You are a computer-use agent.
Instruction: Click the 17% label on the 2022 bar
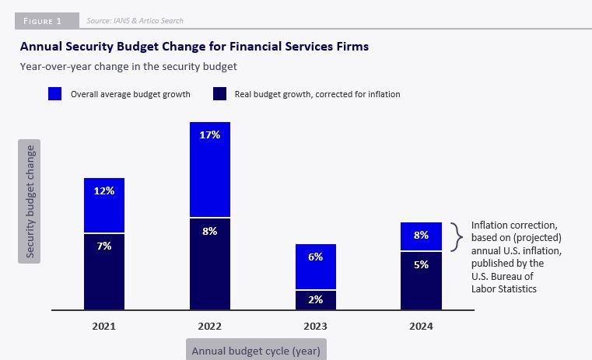[210, 135]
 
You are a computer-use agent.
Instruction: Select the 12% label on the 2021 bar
[104, 191]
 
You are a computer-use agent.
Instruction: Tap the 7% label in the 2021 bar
[104, 246]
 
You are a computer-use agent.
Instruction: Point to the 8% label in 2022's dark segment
[210, 231]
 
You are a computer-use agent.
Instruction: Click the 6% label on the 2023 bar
[315, 257]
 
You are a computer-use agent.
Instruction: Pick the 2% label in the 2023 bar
[315, 300]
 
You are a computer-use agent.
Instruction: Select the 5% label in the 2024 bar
[421, 264]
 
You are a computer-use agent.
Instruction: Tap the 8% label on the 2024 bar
[421, 236]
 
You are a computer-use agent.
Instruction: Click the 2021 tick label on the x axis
[104, 327]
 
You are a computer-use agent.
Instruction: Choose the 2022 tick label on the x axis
[210, 327]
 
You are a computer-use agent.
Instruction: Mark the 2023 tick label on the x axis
[315, 327]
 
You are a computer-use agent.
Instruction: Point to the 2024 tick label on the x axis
[421, 327]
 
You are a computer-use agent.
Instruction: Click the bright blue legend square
[55, 94]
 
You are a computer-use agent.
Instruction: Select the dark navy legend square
[219, 94]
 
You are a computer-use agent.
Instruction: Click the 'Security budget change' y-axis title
[30, 201]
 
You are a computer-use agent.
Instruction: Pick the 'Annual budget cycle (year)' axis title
[256, 351]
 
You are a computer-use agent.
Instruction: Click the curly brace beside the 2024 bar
[458, 236]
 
